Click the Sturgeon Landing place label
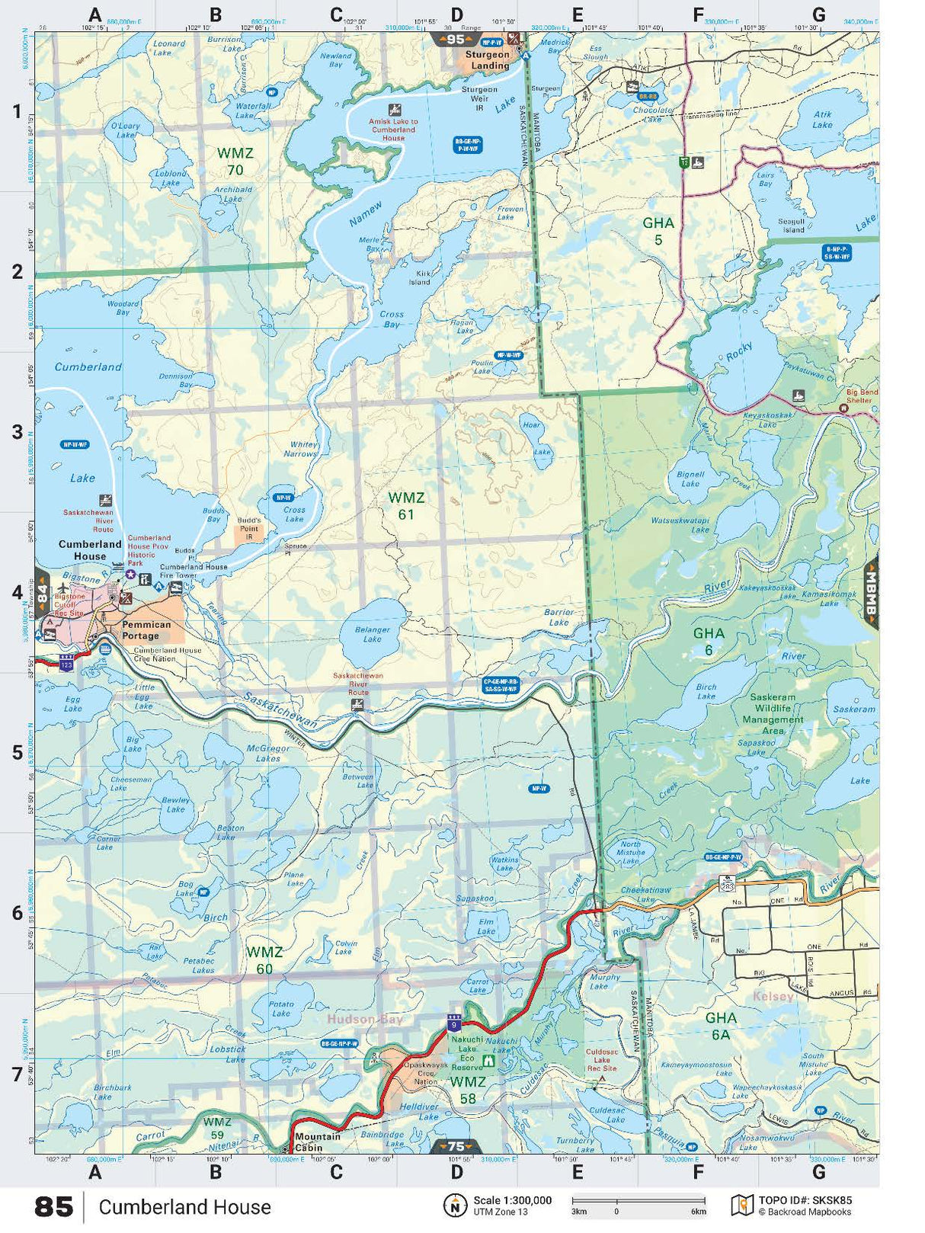tap(488, 60)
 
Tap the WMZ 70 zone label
tap(235, 161)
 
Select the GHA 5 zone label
tap(658, 231)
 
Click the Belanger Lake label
tap(372, 634)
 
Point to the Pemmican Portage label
tap(146, 629)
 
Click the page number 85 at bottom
tap(54, 1207)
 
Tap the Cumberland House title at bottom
tap(184, 1207)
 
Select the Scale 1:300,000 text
tap(512, 1200)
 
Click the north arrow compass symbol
tap(455, 1206)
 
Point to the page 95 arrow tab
tap(456, 40)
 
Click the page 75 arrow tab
tap(456, 1146)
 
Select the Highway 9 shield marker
tap(454, 1023)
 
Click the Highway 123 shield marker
tap(66, 664)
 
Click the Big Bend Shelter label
tap(862, 396)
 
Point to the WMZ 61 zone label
tap(406, 506)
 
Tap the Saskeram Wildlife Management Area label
tap(773, 713)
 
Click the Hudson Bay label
tap(365, 1019)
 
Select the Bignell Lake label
tap(690, 479)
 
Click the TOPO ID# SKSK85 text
tap(805, 1200)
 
